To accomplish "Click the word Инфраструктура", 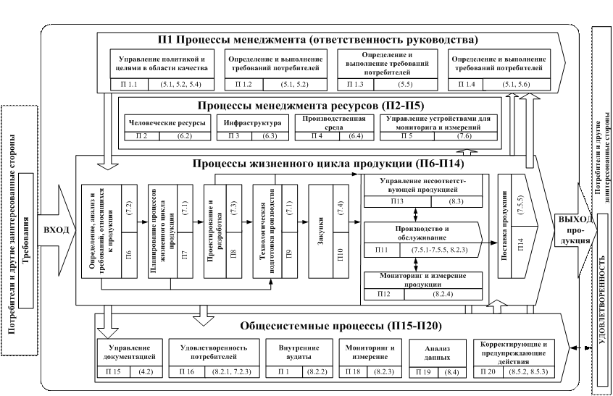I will [249, 120].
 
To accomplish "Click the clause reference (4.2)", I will [147, 371].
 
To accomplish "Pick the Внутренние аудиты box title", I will [296, 353].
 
